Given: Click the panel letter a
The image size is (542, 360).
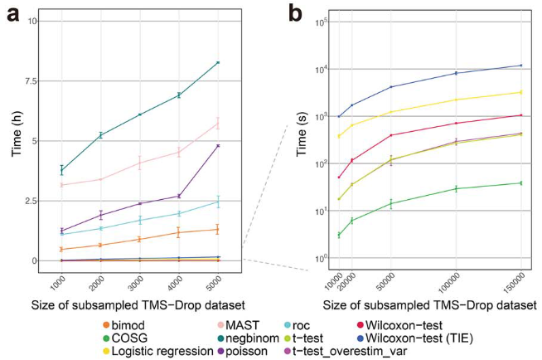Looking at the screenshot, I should [12, 12].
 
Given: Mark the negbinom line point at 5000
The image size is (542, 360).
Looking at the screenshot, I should [218, 62].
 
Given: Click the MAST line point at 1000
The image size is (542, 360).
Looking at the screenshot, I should [61, 185].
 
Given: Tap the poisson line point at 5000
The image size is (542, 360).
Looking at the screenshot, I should [218, 146].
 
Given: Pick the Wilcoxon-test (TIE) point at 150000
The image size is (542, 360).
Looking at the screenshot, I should [520, 66].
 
